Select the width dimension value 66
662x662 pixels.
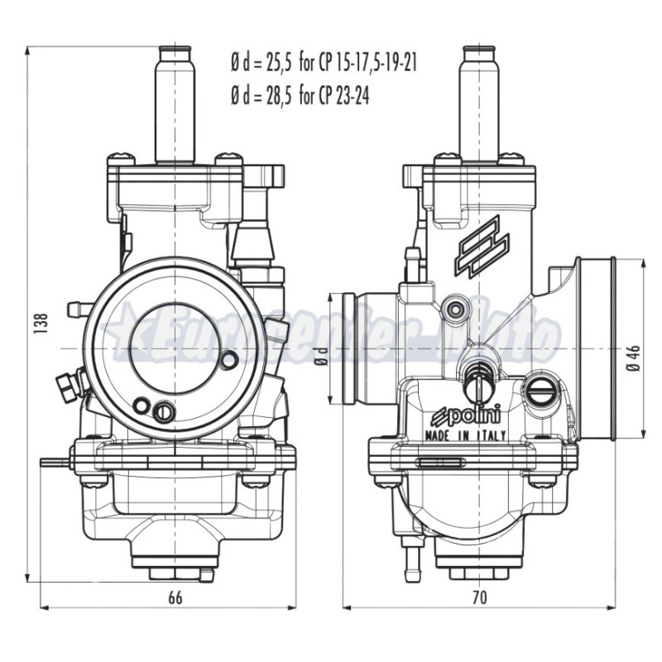(175, 597)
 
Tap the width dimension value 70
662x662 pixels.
(479, 597)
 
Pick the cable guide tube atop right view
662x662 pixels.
(480, 99)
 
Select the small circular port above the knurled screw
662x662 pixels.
(454, 309)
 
